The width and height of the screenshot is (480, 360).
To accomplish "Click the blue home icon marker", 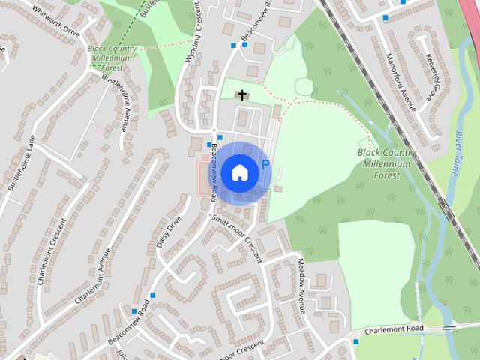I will [x=239, y=172].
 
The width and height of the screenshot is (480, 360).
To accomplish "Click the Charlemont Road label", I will [x=394, y=329].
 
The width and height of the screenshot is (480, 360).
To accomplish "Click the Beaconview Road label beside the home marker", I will [x=214, y=171].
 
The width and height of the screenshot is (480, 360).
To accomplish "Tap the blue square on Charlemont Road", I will [x=356, y=343].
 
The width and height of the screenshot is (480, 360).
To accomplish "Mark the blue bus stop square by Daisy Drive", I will [x=152, y=295].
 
